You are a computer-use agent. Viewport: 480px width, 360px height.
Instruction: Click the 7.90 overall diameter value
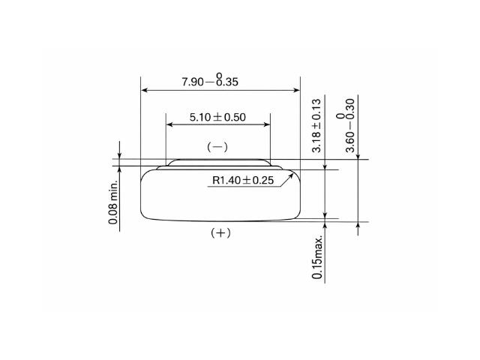click(193, 82)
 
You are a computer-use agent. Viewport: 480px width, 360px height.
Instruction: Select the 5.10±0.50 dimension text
click(217, 117)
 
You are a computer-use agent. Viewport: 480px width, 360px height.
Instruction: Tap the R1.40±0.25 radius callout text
click(243, 180)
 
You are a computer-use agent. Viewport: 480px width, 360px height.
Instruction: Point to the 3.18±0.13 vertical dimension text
click(316, 125)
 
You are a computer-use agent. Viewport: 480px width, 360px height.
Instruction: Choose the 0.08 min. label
click(113, 202)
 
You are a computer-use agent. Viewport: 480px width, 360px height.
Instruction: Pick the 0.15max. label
click(317, 257)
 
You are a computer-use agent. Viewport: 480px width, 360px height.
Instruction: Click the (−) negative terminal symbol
click(217, 147)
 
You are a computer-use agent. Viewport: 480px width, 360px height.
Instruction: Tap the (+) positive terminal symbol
click(220, 233)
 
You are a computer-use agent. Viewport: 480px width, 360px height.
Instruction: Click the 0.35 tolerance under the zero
click(227, 82)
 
